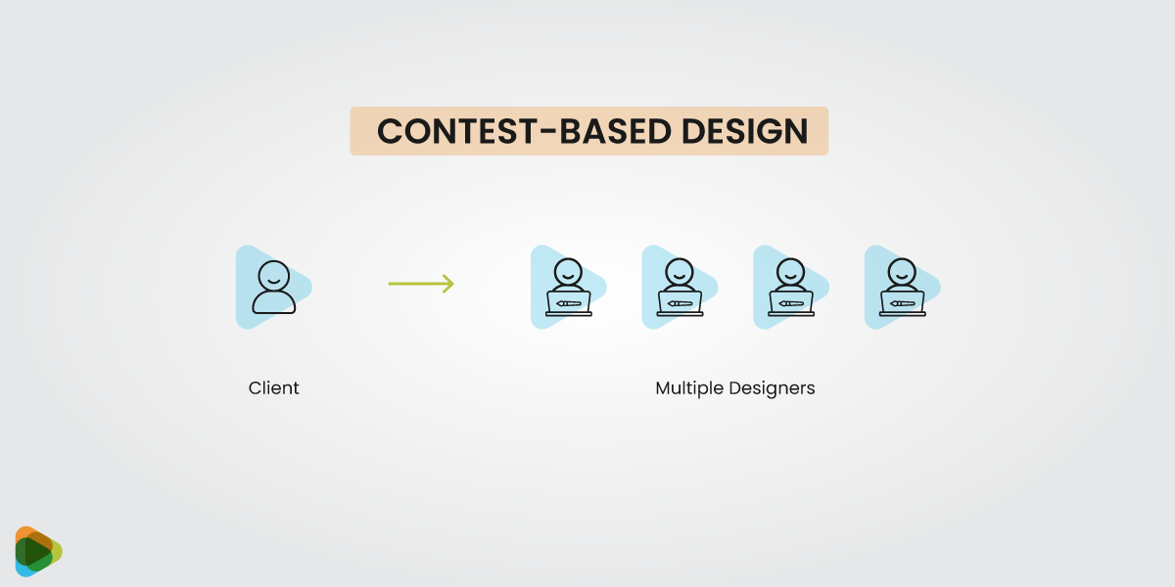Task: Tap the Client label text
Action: point(274,388)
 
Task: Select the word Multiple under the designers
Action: point(689,388)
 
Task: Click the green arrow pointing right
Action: point(421,284)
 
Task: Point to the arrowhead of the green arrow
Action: point(448,284)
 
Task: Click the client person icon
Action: point(273,287)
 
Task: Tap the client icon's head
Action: point(274,274)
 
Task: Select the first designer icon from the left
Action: point(568,287)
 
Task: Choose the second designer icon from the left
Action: point(680,287)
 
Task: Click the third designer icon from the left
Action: point(790,287)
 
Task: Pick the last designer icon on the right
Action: point(902,287)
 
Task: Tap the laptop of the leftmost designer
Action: point(569,303)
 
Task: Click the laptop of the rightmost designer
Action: point(902,303)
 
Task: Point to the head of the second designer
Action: point(679,270)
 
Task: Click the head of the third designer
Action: point(790,270)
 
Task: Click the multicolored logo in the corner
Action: point(38,552)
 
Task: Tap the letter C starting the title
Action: point(390,132)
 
